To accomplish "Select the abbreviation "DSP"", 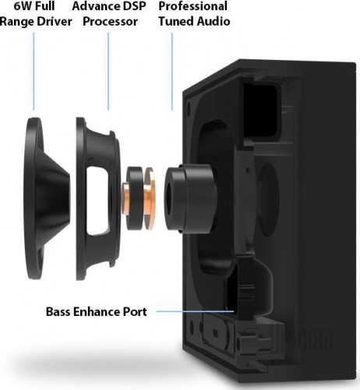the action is (133, 6).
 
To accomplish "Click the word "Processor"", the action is (110, 22).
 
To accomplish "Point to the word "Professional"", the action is (193, 6).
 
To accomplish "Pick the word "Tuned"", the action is (176, 21).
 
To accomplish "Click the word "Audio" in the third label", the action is (214, 21).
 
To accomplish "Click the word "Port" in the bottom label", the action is (135, 312).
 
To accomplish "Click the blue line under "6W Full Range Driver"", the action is (34, 71).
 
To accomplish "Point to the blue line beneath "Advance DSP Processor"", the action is (108, 71).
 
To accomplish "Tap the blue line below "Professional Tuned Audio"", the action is (171, 71).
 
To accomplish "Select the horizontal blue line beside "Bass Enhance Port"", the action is (195, 311).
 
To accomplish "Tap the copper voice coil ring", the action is (150, 199).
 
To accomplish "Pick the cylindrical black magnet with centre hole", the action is (190, 198).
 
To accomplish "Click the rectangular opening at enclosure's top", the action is (262, 111).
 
